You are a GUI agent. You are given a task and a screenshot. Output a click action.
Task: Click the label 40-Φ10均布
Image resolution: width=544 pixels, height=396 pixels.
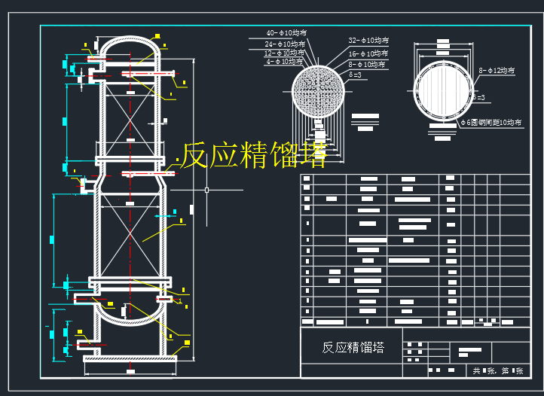tap(286, 33)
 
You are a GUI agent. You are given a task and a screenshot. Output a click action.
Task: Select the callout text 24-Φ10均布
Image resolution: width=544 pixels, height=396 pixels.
tap(285, 44)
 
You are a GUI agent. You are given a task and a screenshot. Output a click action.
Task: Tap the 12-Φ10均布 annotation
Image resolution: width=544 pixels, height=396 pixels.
tap(284, 53)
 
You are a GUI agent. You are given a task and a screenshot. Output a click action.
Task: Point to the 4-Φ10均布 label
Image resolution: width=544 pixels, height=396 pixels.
tap(285, 62)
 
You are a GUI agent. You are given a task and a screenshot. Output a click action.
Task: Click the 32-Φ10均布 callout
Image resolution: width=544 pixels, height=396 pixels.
tap(368, 41)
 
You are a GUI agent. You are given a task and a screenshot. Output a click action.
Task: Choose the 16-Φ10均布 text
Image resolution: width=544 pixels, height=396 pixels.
tap(368, 54)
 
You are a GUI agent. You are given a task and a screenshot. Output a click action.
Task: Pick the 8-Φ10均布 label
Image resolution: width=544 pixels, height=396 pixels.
tap(367, 65)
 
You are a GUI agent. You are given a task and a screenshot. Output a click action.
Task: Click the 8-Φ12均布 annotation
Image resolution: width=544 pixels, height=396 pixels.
tap(497, 71)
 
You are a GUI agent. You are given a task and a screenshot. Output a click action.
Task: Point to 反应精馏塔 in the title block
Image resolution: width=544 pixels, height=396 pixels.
tap(353, 347)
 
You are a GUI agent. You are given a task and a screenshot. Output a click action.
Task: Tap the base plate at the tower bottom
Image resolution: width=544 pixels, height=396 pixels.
tap(130, 359)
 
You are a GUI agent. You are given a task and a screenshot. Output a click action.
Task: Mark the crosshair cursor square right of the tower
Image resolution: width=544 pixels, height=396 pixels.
tap(206, 190)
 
